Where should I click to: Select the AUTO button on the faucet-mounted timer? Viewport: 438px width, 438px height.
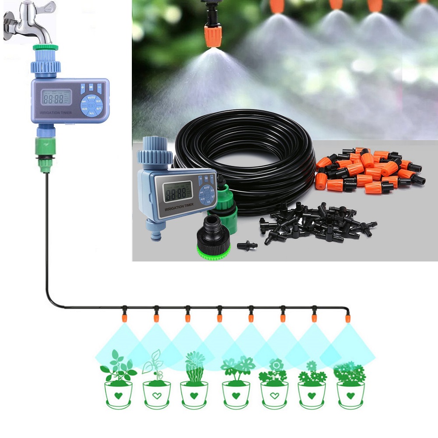click(x=92, y=97)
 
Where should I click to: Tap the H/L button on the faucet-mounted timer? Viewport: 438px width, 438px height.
click(x=92, y=113)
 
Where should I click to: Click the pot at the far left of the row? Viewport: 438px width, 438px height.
click(x=118, y=394)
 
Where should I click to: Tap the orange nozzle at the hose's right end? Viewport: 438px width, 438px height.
click(x=347, y=317)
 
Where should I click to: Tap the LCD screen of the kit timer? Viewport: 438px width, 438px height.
click(x=176, y=191)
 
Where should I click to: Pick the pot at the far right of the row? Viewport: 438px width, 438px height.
click(x=350, y=394)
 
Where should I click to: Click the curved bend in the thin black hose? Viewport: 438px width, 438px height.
click(x=50, y=302)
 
